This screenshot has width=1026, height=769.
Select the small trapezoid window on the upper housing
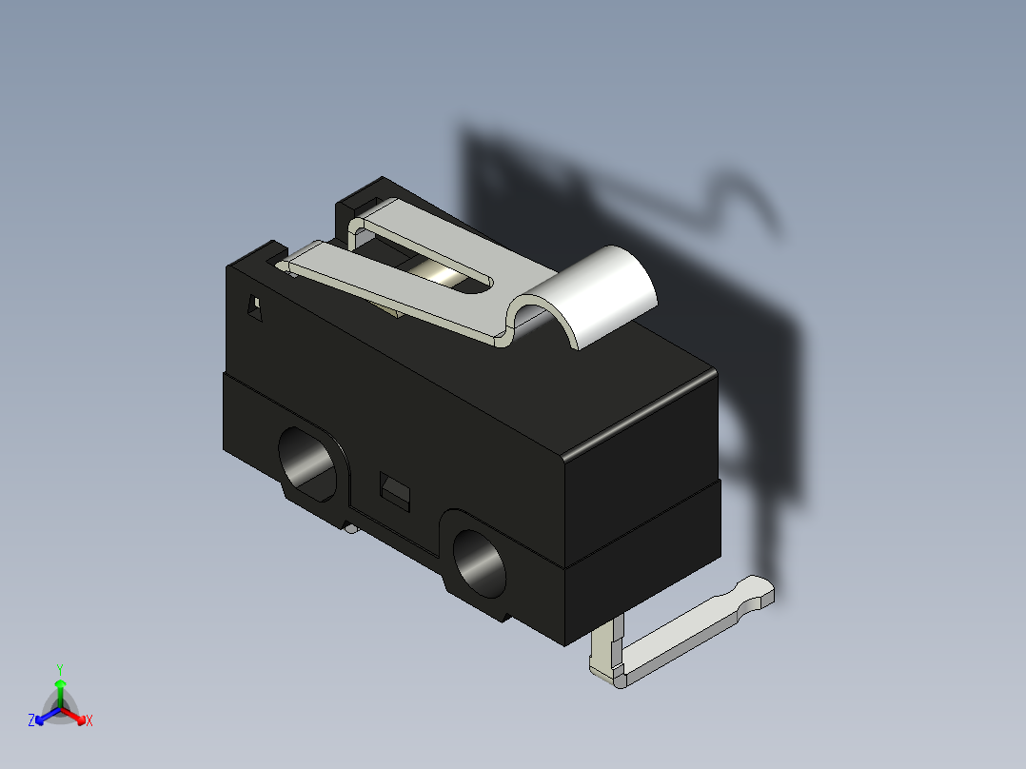pyautogui.click(x=254, y=309)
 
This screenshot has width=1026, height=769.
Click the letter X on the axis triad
pyautogui.click(x=89, y=721)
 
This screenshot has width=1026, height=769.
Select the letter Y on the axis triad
pyautogui.click(x=59, y=669)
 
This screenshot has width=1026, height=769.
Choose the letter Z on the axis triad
pyautogui.click(x=31, y=721)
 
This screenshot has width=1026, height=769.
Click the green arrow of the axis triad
pyautogui.click(x=59, y=687)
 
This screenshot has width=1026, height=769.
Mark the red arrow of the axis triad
pyautogui.click(x=76, y=715)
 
